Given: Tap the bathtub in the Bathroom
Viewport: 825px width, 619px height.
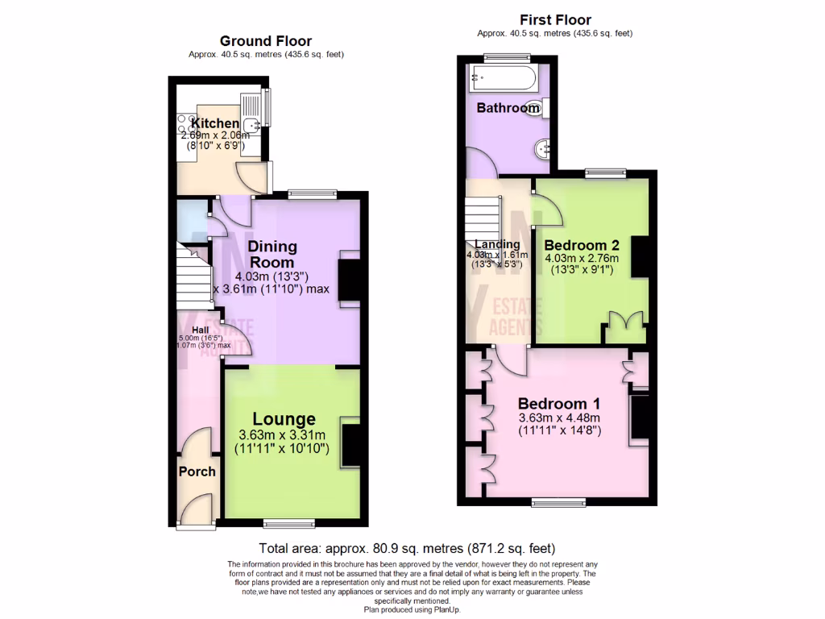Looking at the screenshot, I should click(503, 79).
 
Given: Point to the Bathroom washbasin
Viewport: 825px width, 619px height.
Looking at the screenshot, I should click(545, 147).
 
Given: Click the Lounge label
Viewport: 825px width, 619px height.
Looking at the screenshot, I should click(284, 419).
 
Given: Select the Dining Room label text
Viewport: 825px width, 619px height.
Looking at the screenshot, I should click(272, 254).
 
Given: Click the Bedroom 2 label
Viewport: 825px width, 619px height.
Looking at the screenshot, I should click(581, 245).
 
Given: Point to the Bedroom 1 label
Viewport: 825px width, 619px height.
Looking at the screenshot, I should click(558, 404).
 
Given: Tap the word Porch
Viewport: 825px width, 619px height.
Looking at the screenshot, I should click(197, 471).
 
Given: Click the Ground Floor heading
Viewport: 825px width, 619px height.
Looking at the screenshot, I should click(266, 41).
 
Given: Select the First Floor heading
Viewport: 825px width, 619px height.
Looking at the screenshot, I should click(555, 20).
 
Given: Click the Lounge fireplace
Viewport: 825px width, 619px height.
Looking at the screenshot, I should click(352, 445).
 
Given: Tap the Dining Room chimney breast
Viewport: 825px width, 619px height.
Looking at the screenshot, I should click(351, 277).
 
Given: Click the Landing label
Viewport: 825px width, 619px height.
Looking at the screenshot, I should click(497, 245).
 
